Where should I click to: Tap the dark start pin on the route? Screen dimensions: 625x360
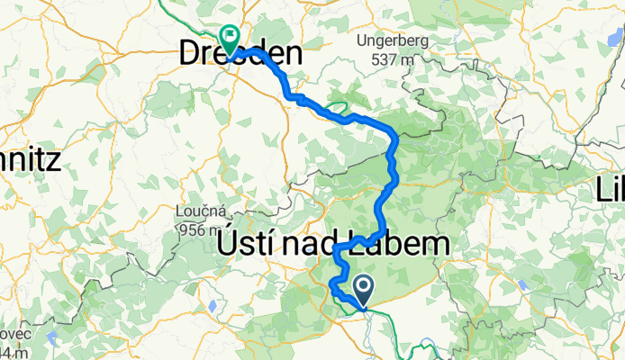click(365, 288)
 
